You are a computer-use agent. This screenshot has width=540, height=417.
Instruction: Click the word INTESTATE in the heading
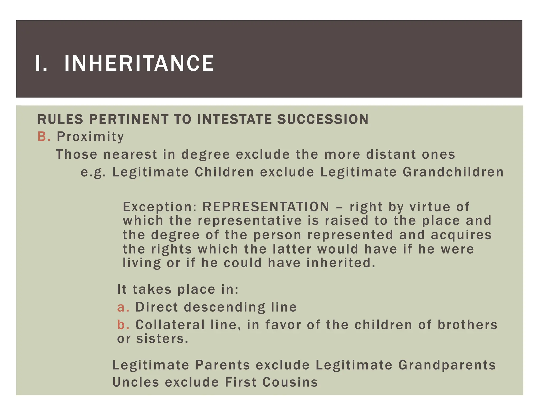pyautogui.click(x=234, y=119)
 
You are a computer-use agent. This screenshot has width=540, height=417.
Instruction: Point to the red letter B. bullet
pyautogui.click(x=44, y=137)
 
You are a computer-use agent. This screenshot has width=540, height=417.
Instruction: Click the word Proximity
pyautogui.click(x=90, y=137)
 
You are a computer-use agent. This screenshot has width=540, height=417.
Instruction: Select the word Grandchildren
pyautogui.click(x=453, y=172)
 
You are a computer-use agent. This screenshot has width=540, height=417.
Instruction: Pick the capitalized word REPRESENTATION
pyautogui.click(x=266, y=207)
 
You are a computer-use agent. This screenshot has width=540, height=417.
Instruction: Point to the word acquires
pyautogui.click(x=461, y=235)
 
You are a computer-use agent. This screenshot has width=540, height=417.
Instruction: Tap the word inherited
pyautogui.click(x=341, y=263)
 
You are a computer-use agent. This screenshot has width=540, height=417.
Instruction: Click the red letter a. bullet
pyautogui.click(x=123, y=307)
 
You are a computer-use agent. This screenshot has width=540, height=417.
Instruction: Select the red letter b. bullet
pyautogui.click(x=123, y=324)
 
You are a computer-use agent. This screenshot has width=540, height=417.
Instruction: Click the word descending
pyautogui.click(x=224, y=307)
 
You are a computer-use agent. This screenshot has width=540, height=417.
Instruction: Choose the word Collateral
pyautogui.click(x=170, y=324)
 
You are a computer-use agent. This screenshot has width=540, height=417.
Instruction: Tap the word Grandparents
pyautogui.click(x=447, y=365)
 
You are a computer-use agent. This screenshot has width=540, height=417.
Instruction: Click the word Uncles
pyautogui.click(x=136, y=382)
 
